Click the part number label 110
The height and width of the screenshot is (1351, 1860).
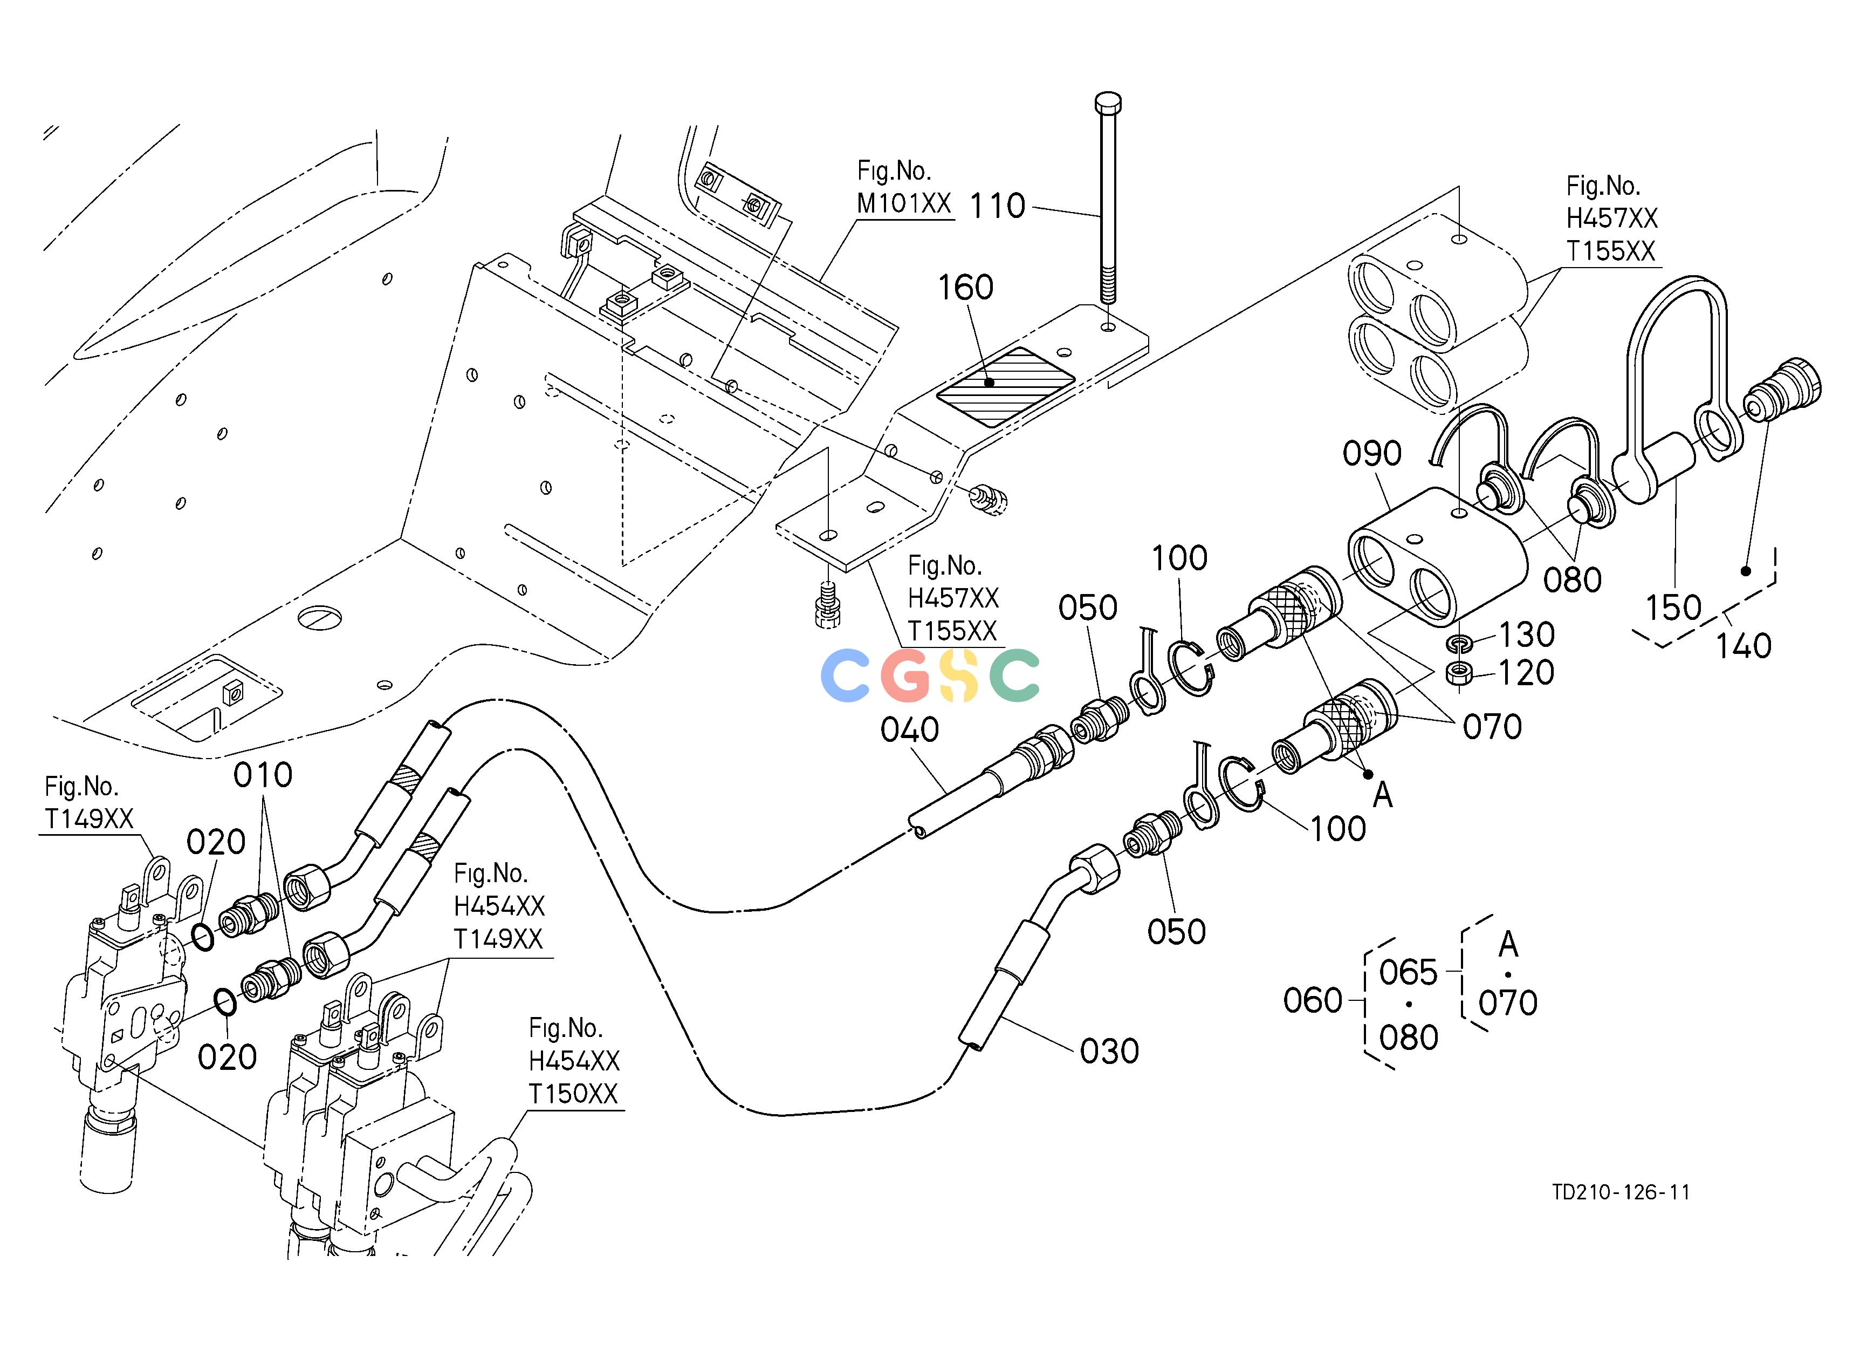coord(997,206)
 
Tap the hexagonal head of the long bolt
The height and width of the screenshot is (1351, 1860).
coord(1108,104)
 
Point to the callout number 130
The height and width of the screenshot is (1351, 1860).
coord(1526,634)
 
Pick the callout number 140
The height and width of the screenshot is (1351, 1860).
coord(1744,646)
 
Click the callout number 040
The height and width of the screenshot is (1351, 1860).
coord(909,729)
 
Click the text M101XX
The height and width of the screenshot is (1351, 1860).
coord(904,203)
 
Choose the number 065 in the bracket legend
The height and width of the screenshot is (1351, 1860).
coord(1408,973)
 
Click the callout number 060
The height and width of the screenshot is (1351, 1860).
coord(1312,1001)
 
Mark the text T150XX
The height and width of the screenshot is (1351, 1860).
coord(572,1094)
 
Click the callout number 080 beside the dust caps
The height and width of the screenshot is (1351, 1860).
coord(1572,580)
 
